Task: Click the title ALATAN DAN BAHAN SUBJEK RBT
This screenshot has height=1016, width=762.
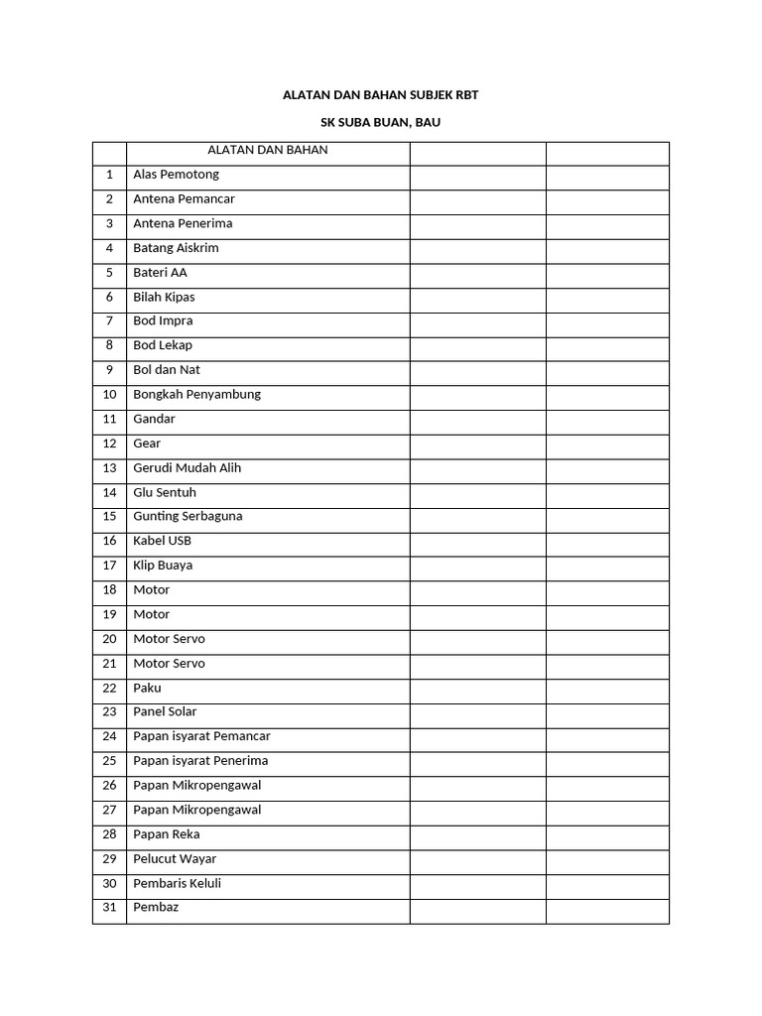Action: coord(381,95)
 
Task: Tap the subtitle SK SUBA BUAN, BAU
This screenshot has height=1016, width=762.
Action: coord(381,123)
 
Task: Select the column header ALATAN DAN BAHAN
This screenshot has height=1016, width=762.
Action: coord(268,151)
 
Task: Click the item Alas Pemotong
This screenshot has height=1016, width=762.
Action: coord(177,175)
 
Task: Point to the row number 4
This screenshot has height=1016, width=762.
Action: coord(109,248)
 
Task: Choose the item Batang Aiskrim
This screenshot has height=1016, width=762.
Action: coord(176,248)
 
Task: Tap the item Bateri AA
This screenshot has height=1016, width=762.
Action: coord(160,272)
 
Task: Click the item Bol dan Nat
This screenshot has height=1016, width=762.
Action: coord(167,370)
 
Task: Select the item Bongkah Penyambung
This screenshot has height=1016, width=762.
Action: coord(196,394)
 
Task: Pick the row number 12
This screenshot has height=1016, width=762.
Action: coord(109,444)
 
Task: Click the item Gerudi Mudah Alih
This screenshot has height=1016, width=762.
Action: coord(187,467)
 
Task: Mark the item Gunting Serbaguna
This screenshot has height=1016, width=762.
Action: coord(188,516)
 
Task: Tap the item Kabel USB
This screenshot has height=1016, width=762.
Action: coord(162,541)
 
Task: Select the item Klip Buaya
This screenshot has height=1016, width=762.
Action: coord(163,566)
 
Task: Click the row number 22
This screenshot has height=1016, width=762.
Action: coord(109,688)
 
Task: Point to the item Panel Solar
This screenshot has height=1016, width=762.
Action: coord(165,711)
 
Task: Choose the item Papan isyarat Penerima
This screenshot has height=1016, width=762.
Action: coord(200,761)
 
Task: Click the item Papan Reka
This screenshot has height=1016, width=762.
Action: coord(167,834)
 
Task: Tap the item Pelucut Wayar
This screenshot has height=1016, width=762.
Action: coord(175,859)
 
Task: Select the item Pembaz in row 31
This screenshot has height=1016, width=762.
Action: coord(156,908)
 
